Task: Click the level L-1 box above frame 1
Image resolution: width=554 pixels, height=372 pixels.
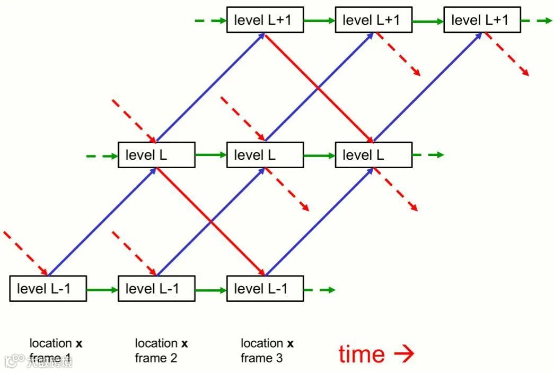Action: click(x=48, y=289)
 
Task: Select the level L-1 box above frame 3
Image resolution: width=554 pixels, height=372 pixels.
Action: click(x=265, y=289)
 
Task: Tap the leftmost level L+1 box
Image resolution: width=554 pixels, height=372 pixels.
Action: click(x=265, y=20)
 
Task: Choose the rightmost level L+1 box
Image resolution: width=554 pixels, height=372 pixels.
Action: click(x=482, y=20)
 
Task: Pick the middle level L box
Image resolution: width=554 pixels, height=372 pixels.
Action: click(x=265, y=155)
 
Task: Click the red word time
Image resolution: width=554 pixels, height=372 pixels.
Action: click(x=362, y=354)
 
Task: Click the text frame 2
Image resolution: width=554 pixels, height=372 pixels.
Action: click(x=156, y=358)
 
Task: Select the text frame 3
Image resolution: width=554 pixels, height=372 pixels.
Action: click(x=261, y=358)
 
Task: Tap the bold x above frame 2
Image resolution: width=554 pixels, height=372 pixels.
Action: click(x=184, y=343)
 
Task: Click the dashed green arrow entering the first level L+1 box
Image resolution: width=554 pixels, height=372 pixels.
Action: click(x=210, y=21)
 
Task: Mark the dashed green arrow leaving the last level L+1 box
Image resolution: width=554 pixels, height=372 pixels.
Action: click(x=536, y=21)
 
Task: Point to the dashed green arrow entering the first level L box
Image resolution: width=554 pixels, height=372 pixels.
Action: click(x=102, y=155)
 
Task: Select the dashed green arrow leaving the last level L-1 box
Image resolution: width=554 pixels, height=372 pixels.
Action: click(x=320, y=290)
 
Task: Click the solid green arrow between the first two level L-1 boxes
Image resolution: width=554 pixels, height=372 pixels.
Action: click(x=102, y=290)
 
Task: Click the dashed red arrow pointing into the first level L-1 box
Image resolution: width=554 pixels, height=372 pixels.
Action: click(x=27, y=254)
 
